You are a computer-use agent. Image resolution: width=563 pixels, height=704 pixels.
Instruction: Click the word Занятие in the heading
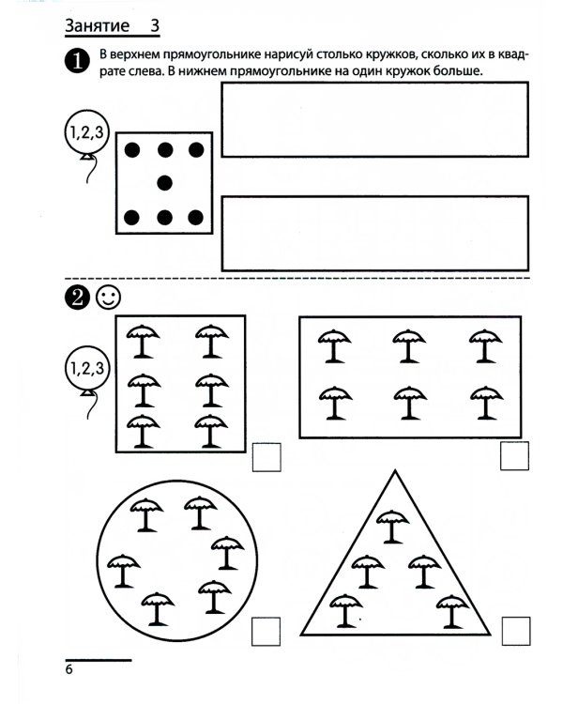tap(97, 25)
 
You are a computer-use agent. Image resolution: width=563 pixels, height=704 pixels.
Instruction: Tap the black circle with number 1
tap(77, 61)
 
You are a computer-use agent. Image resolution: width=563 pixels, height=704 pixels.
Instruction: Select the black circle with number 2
tap(77, 298)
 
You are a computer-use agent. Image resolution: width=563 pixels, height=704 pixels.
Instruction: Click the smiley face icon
tap(108, 298)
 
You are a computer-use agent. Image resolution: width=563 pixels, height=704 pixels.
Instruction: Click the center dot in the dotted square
tap(165, 183)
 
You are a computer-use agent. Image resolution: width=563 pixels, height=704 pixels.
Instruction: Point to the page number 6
tap(68, 669)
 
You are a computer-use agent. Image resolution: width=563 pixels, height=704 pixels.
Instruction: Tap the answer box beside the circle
tap(266, 632)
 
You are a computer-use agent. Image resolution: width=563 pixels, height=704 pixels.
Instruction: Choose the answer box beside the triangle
tap(516, 631)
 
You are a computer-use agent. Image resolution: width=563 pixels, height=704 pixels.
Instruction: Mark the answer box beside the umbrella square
tap(266, 457)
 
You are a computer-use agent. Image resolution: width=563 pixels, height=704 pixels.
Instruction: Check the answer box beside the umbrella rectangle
tap(514, 455)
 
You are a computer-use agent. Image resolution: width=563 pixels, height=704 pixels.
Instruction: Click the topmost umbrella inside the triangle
tap(392, 527)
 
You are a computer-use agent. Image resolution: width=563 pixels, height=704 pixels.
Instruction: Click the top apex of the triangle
tap(395, 470)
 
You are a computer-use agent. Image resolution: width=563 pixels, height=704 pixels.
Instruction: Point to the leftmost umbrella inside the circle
tap(124, 571)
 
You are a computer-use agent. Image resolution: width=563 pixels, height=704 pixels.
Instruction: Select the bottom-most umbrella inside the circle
tap(158, 609)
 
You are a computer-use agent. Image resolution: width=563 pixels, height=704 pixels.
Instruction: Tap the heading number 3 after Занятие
tap(155, 25)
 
